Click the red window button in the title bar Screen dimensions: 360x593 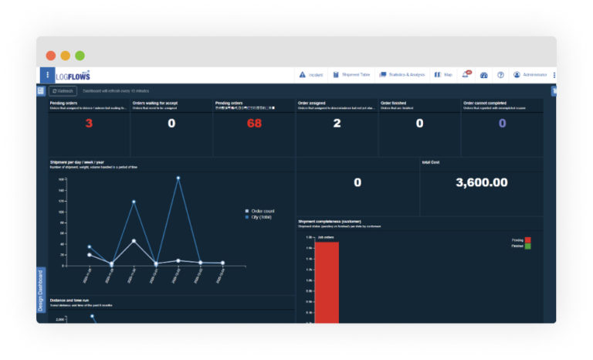pyautogui.click(x=51, y=56)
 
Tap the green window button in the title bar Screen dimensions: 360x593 pyautogui.click(x=80, y=56)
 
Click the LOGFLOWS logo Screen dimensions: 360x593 pyautogui.click(x=73, y=76)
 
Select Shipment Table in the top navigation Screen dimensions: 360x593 pyautogui.click(x=351, y=75)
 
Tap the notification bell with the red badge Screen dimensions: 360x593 pyautogui.click(x=466, y=75)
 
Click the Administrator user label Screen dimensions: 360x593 pyautogui.click(x=534, y=75)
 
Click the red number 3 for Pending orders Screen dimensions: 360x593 pyautogui.click(x=89, y=124)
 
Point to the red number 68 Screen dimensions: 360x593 pyautogui.click(x=254, y=124)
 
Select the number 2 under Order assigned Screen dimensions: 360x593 pyautogui.click(x=337, y=124)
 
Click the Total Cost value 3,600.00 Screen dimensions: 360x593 pyautogui.click(x=481, y=182)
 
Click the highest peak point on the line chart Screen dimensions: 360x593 pyautogui.click(x=178, y=178)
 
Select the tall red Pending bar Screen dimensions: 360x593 pyautogui.click(x=326, y=278)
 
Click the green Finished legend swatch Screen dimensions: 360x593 pyautogui.click(x=528, y=246)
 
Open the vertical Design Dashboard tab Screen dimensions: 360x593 pyautogui.click(x=41, y=290)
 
